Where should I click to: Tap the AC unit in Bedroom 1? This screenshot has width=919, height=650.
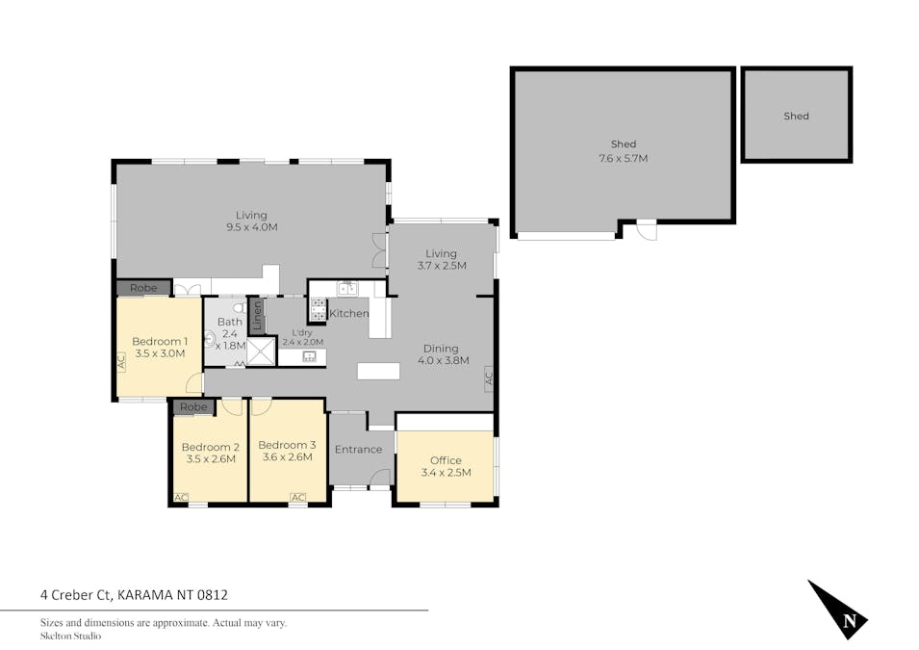pos(121,361)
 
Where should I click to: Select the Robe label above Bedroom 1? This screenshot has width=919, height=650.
pos(143,288)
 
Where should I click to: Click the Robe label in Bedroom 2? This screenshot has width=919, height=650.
pos(193,407)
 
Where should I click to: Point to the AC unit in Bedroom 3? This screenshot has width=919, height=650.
pos(297,498)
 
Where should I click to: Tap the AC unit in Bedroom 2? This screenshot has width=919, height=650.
pos(181,498)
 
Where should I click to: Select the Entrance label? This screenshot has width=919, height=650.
pos(358,450)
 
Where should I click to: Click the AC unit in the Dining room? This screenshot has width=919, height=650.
pos(489,377)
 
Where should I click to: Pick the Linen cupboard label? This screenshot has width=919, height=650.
pos(257,316)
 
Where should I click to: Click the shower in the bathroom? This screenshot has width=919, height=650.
pos(261,351)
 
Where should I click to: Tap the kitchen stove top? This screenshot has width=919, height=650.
pos(319,309)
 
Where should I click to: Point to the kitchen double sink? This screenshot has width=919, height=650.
pos(347,289)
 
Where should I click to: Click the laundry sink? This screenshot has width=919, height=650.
pos(310,356)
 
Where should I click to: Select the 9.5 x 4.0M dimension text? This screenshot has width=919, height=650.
pos(251,227)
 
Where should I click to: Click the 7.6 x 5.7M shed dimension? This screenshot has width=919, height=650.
pos(623,158)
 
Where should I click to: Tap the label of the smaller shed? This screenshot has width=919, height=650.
pos(796,117)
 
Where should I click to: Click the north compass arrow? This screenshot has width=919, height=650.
pos(838,611)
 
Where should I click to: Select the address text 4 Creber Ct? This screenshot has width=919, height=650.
pos(76,595)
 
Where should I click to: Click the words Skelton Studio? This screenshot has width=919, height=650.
pos(70,636)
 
